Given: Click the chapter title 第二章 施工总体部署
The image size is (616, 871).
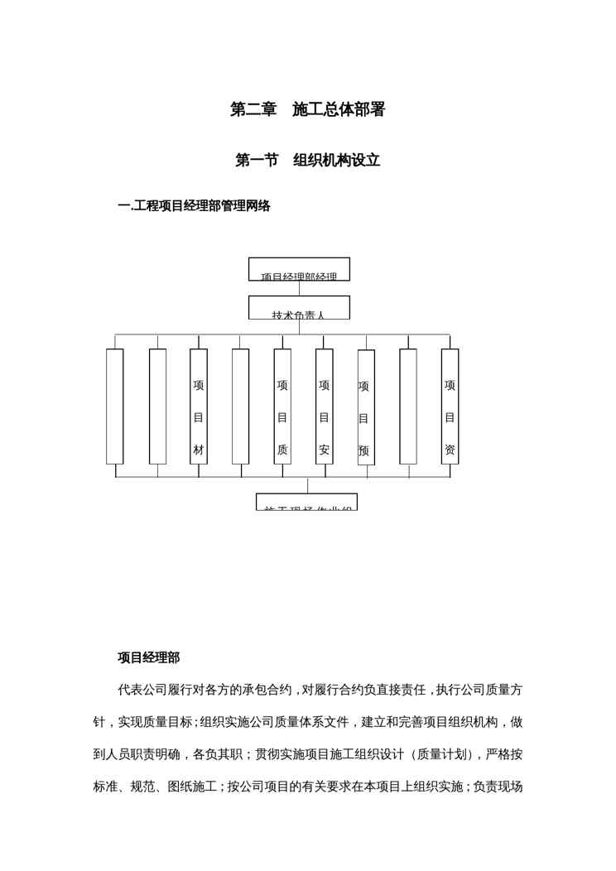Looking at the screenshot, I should click(307, 109).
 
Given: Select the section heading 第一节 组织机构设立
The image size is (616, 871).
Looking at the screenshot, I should click(307, 161).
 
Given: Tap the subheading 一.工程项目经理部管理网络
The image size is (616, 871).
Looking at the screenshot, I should click(194, 206).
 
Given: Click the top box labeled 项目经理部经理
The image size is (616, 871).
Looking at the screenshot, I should click(299, 270).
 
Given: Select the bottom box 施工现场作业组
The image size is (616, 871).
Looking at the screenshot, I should click(307, 503).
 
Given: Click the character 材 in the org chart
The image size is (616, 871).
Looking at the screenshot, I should click(199, 450).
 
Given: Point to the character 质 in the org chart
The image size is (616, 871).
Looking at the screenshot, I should click(282, 450).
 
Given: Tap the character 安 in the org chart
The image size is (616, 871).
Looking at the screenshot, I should click(325, 450).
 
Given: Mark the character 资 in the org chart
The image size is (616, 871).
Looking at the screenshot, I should click(450, 450).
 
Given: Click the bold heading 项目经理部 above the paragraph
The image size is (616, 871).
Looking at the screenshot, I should click(148, 658).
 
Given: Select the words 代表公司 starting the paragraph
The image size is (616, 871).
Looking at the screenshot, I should click(142, 690).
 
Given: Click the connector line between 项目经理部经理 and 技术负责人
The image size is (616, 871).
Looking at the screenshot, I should click(299, 288).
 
